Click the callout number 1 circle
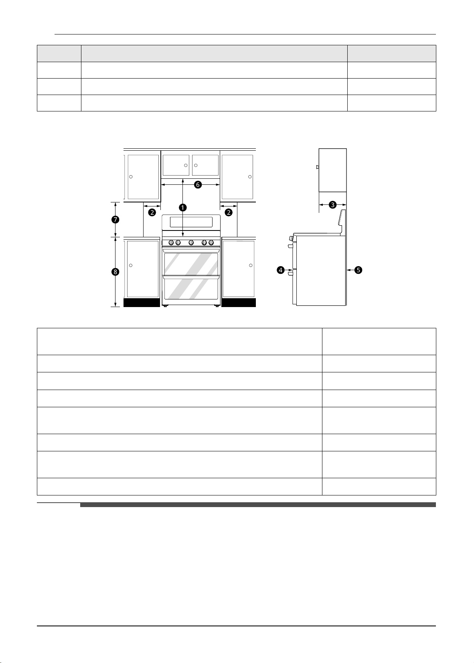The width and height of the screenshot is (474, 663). pos(183,208)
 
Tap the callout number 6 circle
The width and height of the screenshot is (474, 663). pos(198,185)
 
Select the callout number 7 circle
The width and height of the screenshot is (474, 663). pos(115,220)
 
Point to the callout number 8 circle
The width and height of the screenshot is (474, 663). pos(115,272)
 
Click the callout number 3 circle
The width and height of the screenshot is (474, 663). pos(332,204)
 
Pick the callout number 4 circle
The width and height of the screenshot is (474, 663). pos(280,270)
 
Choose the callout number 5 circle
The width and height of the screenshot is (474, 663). pos(358,270)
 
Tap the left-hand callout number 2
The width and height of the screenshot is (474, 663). pos(152,212)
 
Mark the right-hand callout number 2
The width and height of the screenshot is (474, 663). pos(229,212)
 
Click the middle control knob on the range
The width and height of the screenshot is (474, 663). pos(191,243)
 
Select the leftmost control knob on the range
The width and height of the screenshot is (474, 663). pos(171,243)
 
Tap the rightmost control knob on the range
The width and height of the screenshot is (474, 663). pos(211,243)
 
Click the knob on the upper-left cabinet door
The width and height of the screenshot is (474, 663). pos(131,177)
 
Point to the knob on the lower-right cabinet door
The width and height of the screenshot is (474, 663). pos(251,265)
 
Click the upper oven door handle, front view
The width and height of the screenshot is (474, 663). pos(191,251)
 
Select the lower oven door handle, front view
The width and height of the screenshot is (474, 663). pos(191,277)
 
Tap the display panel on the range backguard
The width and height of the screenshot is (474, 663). pos(191,222)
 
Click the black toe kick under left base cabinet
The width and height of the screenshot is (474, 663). pos(142,303)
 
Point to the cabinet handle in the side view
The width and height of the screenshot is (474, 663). pos(318,167)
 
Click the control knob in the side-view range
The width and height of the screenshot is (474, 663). pos(291,238)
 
